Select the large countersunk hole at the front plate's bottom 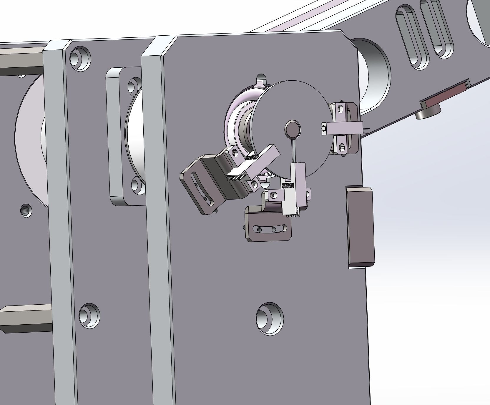tap(270, 318)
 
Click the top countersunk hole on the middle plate tap(80, 58)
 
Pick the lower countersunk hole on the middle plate tap(89, 316)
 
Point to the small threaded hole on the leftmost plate tap(26, 210)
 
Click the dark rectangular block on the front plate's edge tap(361, 227)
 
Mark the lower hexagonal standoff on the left tap(25, 319)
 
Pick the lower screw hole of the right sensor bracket tap(341, 146)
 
